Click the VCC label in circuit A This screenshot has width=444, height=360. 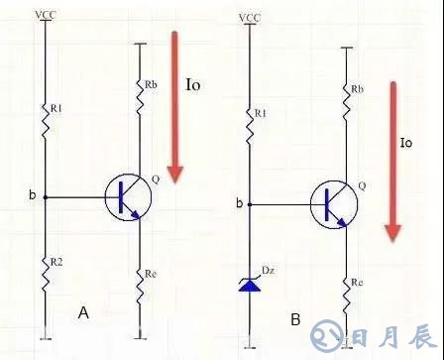45,14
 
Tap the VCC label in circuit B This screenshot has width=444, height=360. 250,18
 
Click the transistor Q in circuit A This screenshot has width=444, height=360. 128,196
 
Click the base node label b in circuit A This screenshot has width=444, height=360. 32,195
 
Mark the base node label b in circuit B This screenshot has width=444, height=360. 238,204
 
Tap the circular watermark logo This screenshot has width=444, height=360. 324,336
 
